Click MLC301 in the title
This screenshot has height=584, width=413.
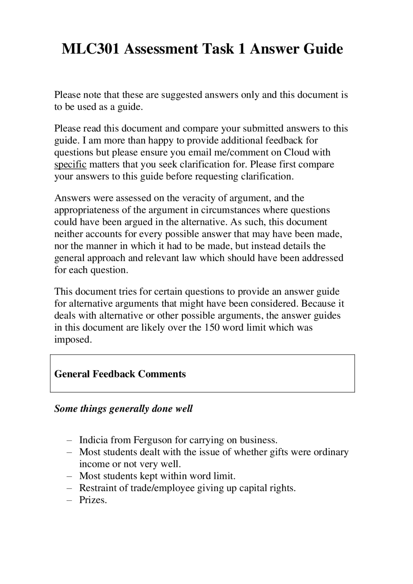click(x=91, y=49)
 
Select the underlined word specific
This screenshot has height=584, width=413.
click(x=70, y=164)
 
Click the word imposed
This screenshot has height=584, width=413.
click(x=73, y=340)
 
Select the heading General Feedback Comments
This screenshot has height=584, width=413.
click(x=120, y=374)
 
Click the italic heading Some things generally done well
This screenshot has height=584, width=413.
click(x=123, y=409)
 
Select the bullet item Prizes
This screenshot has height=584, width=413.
click(x=93, y=500)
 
